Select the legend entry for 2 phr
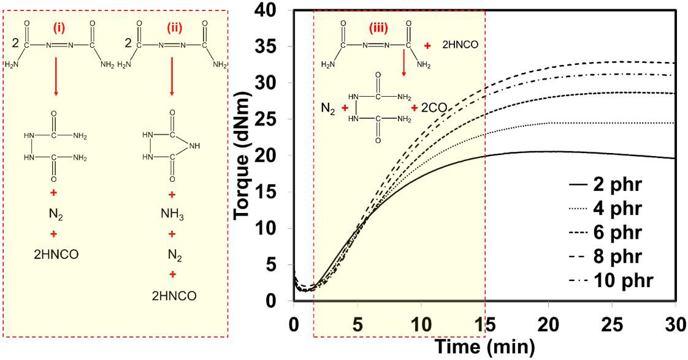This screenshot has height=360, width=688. click(605, 184)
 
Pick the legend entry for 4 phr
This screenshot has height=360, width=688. click(605, 208)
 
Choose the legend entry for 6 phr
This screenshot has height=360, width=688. click(605, 231)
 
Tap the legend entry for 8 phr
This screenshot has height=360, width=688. click(605, 256)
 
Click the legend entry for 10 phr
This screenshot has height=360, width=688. click(611, 280)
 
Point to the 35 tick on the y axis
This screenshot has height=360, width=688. click(272, 47)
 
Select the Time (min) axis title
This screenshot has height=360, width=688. click(484, 347)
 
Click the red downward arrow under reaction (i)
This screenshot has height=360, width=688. click(55, 76)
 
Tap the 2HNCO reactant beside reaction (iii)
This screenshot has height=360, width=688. click(460, 45)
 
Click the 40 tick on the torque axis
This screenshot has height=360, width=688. click(272, 10)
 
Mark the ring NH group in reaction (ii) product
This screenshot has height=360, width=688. click(195, 146)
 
